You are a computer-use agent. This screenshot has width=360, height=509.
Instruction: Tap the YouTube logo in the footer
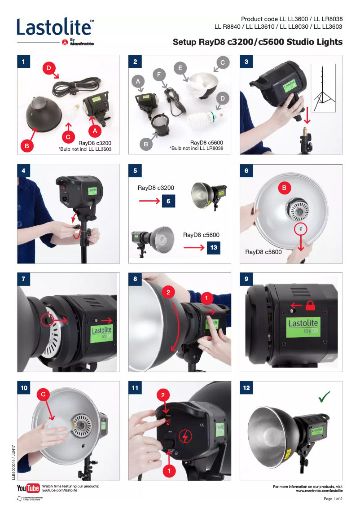tap(28, 488)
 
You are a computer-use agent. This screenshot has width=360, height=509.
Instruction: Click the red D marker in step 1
tap(49, 68)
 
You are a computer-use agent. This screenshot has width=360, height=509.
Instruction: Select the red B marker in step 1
tap(26, 145)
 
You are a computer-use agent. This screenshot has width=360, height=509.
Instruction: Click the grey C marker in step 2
tap(222, 62)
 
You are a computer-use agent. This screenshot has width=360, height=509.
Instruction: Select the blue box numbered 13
tap(213, 247)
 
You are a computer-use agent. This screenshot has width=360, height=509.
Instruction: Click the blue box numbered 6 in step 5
tap(168, 202)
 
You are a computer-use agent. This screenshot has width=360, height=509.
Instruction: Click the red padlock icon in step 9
tap(311, 305)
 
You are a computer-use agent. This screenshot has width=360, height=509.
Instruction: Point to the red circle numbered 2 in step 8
tap(168, 292)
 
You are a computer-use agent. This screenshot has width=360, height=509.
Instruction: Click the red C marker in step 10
tap(43, 394)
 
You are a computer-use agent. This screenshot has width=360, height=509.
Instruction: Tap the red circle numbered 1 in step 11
tap(168, 471)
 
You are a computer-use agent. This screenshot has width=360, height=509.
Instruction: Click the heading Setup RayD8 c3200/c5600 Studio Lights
tap(258, 42)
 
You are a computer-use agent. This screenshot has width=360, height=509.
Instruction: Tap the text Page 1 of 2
tap(333, 499)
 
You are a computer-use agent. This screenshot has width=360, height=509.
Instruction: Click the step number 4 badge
tap(23, 171)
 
